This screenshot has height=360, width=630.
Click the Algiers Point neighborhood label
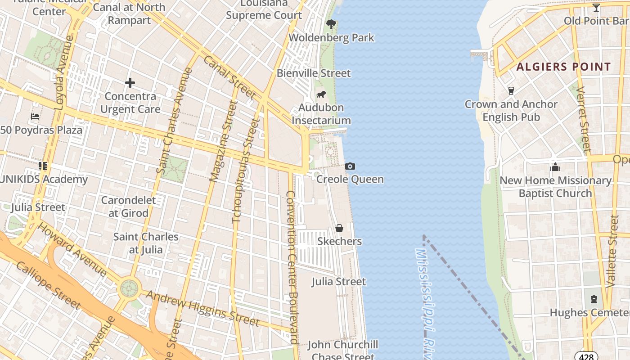coord(563,67)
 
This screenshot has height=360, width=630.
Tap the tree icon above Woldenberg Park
coord(332,24)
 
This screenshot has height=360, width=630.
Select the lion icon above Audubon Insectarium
coord(321,94)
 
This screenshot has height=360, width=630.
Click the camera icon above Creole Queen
coord(350,166)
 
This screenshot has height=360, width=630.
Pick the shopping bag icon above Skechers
coord(339,229)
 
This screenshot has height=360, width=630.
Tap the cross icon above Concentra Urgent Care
coord(130,83)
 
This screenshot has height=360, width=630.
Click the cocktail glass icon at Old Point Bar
coord(596,8)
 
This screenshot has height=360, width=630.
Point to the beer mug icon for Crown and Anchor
coord(511,91)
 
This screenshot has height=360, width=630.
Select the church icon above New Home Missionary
coord(555,167)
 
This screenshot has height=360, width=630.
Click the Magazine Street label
coord(224,141)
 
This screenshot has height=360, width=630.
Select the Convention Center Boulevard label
coord(292,267)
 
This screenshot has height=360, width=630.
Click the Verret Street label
coord(583,119)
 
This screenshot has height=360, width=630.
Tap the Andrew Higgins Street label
coord(203,309)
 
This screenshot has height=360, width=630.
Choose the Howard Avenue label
coord(72,249)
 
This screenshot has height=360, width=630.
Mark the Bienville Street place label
coord(314,73)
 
